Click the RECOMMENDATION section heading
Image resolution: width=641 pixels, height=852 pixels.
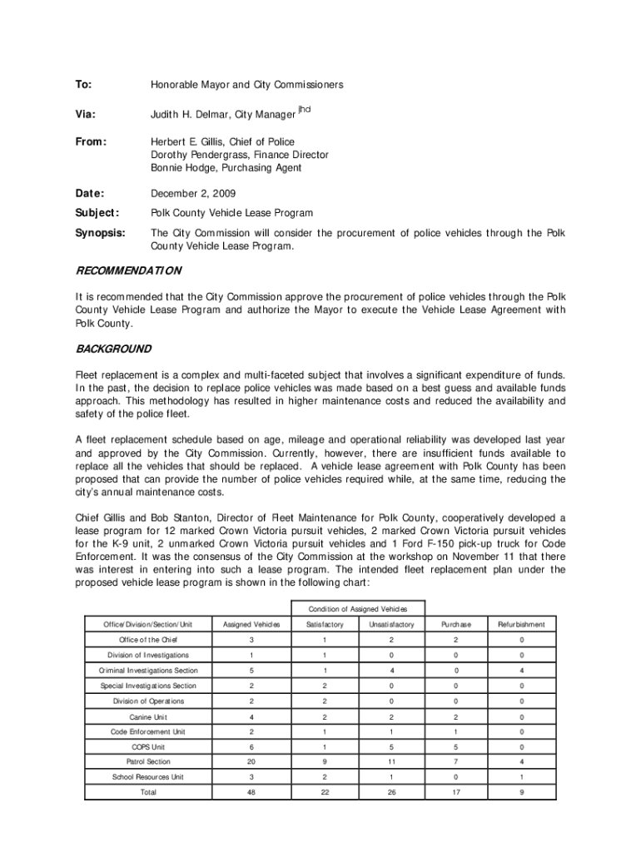[128, 270]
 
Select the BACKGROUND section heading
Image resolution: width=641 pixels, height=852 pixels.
[113, 349]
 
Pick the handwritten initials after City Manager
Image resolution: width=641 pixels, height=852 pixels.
[304, 110]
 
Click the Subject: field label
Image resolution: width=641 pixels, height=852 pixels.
[98, 213]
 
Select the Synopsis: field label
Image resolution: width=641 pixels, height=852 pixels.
[101, 233]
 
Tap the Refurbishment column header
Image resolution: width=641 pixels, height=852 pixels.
[521, 624]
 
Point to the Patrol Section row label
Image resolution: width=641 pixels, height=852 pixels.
[148, 761]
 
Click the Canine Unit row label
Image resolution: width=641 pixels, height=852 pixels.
[148, 716]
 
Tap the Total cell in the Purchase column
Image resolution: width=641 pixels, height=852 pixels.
[456, 792]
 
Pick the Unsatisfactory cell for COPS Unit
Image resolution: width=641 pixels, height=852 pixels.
[391, 746]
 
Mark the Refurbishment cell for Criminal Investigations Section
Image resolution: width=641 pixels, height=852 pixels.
[521, 670]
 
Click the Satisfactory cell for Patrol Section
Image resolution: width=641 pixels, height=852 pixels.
[325, 761]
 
